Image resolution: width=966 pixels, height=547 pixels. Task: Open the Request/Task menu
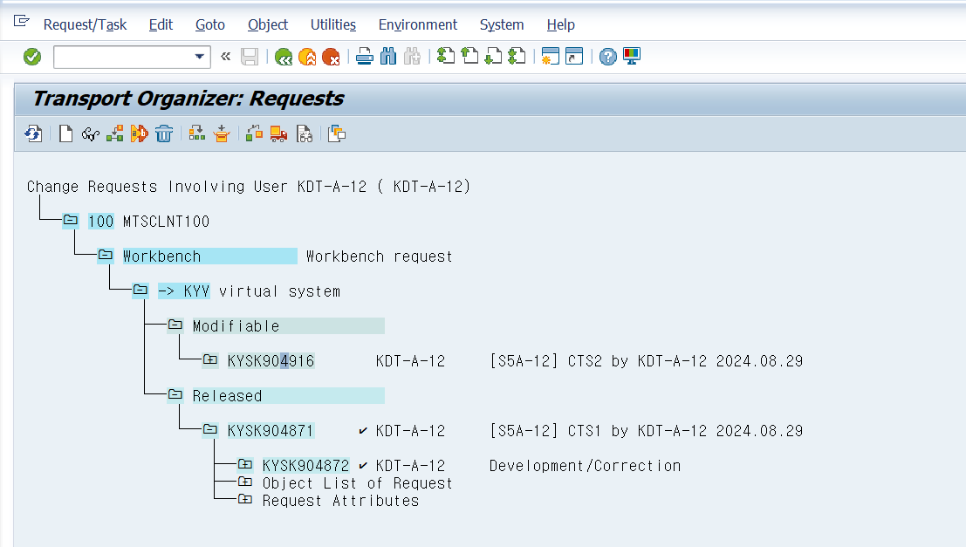(x=85, y=24)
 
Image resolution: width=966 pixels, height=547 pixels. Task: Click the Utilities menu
(x=332, y=24)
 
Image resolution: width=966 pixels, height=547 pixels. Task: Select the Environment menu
(x=418, y=24)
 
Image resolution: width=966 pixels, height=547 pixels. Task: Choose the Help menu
(x=560, y=24)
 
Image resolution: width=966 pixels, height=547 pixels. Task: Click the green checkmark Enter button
(x=32, y=57)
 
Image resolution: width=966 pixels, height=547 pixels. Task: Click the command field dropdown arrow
(x=199, y=57)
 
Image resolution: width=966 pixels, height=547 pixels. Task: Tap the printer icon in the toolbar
(x=365, y=57)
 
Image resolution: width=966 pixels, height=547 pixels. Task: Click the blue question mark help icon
(x=608, y=57)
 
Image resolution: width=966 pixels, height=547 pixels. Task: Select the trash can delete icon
(x=164, y=133)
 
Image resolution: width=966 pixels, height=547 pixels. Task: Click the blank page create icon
(x=66, y=133)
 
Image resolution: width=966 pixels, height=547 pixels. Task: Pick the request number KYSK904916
(x=271, y=361)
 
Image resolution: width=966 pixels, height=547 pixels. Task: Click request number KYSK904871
(x=271, y=431)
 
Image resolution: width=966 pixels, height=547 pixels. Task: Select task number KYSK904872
(x=305, y=466)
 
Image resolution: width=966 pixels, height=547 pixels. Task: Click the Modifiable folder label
(x=236, y=326)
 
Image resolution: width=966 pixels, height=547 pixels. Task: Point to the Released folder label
(x=228, y=396)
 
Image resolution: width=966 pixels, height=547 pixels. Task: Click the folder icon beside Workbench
(x=106, y=255)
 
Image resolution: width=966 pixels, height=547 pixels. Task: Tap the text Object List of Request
(x=357, y=483)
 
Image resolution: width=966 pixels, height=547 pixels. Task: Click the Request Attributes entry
(x=340, y=501)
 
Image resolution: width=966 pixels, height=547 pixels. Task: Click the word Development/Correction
(x=586, y=466)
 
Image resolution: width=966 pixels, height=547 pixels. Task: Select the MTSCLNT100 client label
(x=167, y=222)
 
